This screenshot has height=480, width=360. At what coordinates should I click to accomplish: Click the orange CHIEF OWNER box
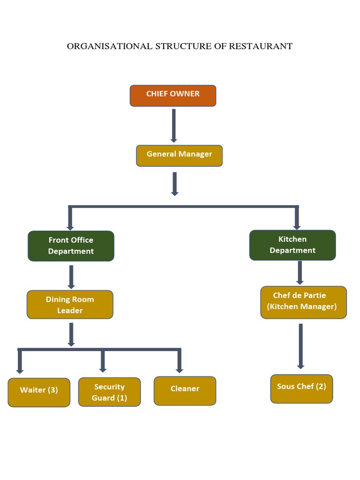coord(173,96)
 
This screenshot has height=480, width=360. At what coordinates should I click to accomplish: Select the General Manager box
coord(179,156)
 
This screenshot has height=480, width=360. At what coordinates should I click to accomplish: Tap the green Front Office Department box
coord(71,246)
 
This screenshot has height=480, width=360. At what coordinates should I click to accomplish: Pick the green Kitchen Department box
coord(292,245)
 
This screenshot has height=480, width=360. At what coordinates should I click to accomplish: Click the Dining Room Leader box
coord(70,305)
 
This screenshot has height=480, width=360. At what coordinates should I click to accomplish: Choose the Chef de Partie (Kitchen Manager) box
coord(303,302)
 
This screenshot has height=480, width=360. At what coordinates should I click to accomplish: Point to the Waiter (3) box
coord(39,392)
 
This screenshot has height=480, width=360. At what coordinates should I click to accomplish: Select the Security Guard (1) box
coord(109,392)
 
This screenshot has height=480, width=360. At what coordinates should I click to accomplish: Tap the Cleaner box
coord(185,390)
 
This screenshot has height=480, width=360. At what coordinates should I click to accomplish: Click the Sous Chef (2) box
coord(301,389)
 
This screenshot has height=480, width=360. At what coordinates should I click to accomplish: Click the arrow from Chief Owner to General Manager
coord(174,125)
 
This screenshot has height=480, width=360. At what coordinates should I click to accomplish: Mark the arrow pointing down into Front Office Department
coord(70,218)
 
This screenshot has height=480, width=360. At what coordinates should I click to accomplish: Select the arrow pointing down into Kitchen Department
coord(297,218)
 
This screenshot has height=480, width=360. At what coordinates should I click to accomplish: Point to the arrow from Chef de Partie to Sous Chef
coord(301,346)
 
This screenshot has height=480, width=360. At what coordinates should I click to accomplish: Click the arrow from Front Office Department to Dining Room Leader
coord(71,277)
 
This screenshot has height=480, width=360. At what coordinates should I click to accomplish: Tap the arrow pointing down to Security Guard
coord(103,361)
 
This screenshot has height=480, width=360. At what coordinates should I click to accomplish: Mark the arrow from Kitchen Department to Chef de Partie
coord(300,272)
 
